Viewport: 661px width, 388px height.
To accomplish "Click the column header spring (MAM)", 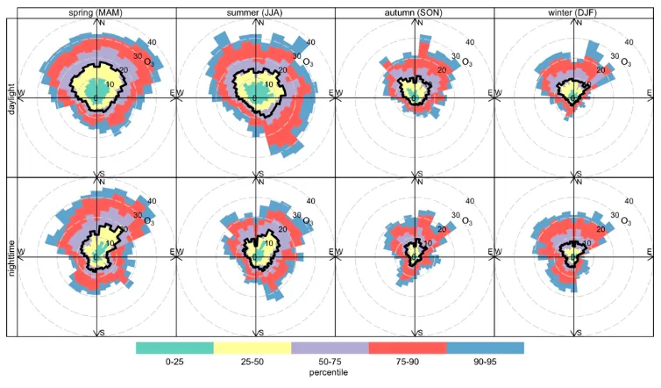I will pos(96,11).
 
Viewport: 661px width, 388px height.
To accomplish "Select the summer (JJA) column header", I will pos(255,11).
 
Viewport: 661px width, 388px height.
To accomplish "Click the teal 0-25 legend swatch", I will pos(174,348).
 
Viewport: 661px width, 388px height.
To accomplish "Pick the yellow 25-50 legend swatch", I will pos(252,348).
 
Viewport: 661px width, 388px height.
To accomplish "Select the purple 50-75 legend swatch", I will pos(330,348).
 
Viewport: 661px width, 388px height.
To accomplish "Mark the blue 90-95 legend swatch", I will pos(485,348).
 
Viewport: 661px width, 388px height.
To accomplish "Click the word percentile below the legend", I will pos(330,372).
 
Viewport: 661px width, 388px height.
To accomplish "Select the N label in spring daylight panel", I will pos(102,22).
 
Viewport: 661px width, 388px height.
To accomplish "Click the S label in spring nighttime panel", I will pos(102,333).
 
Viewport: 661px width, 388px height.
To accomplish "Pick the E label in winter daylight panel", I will pos(650,92).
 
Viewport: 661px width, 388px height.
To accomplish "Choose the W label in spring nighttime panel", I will pos(21,253).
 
